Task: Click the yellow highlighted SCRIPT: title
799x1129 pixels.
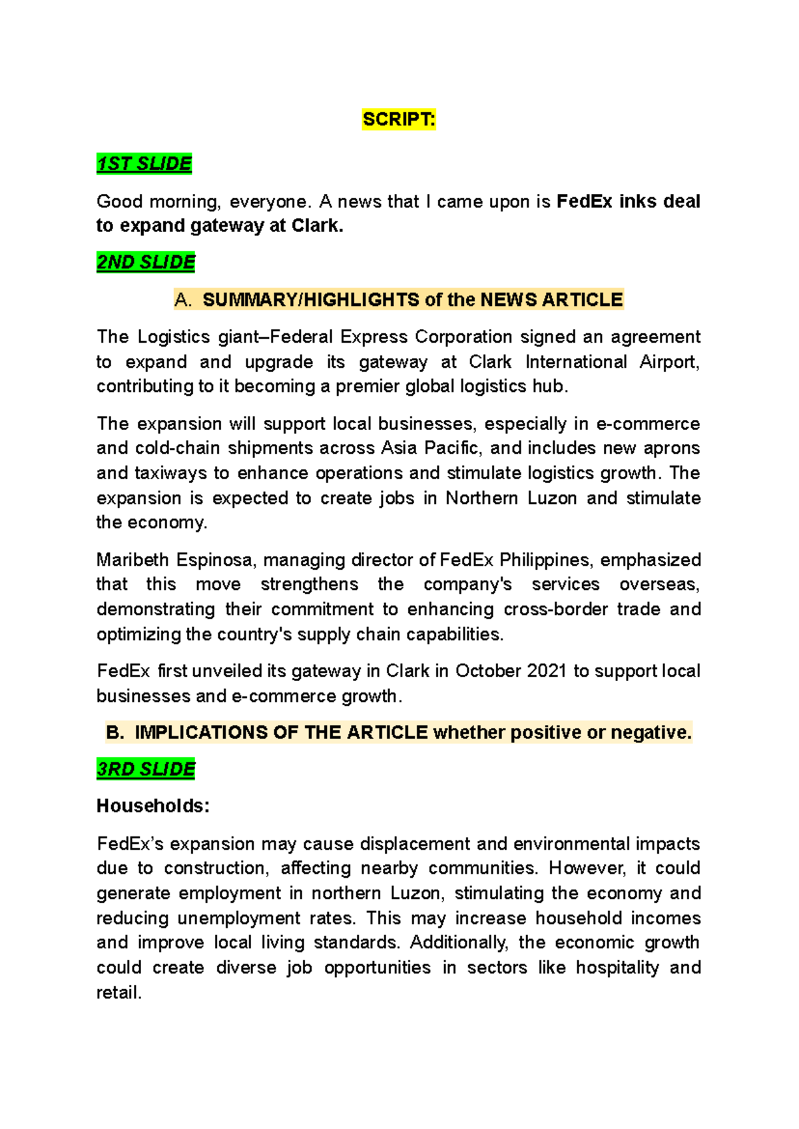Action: pyautogui.click(x=399, y=119)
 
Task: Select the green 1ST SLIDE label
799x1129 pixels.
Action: pyautogui.click(x=144, y=163)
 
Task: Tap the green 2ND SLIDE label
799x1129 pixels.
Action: pyautogui.click(x=146, y=262)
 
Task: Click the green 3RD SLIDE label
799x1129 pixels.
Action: pyautogui.click(x=146, y=768)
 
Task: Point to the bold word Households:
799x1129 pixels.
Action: pyautogui.click(x=153, y=806)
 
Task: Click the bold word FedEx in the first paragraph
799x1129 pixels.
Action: pyautogui.click(x=584, y=201)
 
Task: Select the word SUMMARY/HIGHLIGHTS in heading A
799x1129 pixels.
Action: pyautogui.click(x=311, y=300)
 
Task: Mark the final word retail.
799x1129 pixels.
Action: pyautogui.click(x=119, y=993)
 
